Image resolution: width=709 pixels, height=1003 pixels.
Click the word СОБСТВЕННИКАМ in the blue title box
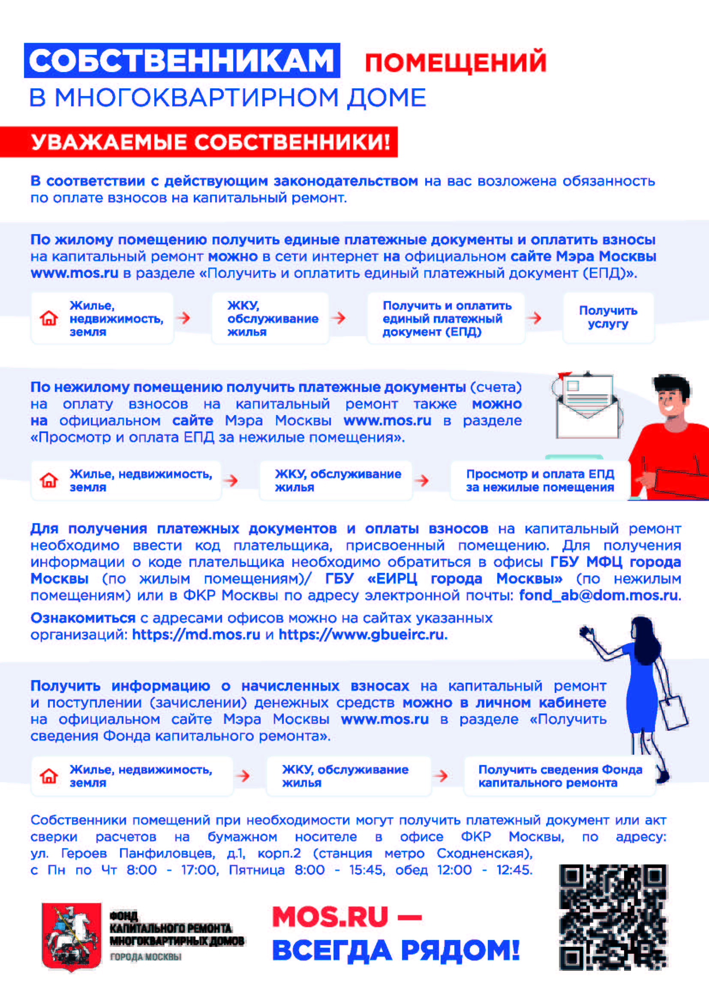coord(182,60)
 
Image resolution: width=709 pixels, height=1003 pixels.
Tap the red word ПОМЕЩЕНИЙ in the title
coord(455,62)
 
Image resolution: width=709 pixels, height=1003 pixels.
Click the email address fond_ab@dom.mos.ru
coord(598,595)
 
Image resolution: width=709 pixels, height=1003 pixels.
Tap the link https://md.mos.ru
coord(196,634)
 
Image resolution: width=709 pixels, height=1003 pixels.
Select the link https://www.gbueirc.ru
coord(362,634)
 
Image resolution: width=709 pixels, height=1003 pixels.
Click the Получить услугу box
coord(608,318)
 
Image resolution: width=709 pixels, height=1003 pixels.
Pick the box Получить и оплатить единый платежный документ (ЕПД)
coord(446,319)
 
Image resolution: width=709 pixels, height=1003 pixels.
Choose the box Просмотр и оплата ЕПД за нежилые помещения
coord(540,481)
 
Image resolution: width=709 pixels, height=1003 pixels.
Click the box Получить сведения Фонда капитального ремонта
coord(560,776)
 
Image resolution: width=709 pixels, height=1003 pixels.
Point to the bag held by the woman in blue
coord(673,714)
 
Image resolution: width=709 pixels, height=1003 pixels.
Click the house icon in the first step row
coord(49,318)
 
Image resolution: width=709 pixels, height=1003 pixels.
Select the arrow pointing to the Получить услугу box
coord(534,318)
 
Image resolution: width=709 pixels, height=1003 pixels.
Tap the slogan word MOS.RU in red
coord(330,917)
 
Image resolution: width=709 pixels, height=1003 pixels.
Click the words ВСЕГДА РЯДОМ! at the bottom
coord(396,951)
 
